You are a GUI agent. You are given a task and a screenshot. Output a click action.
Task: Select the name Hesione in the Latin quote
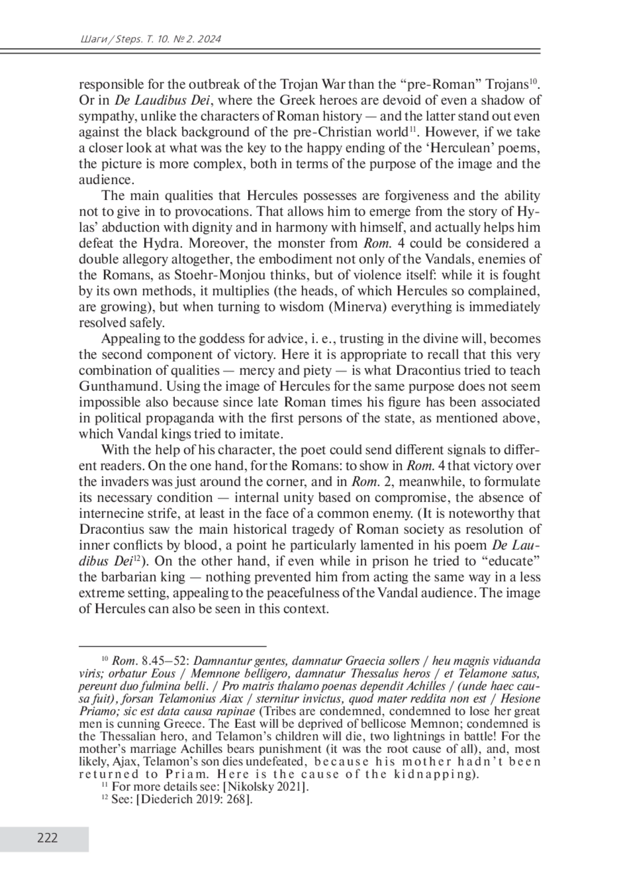[520, 699]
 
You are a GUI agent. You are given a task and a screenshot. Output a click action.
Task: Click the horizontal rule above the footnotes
[172, 646]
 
